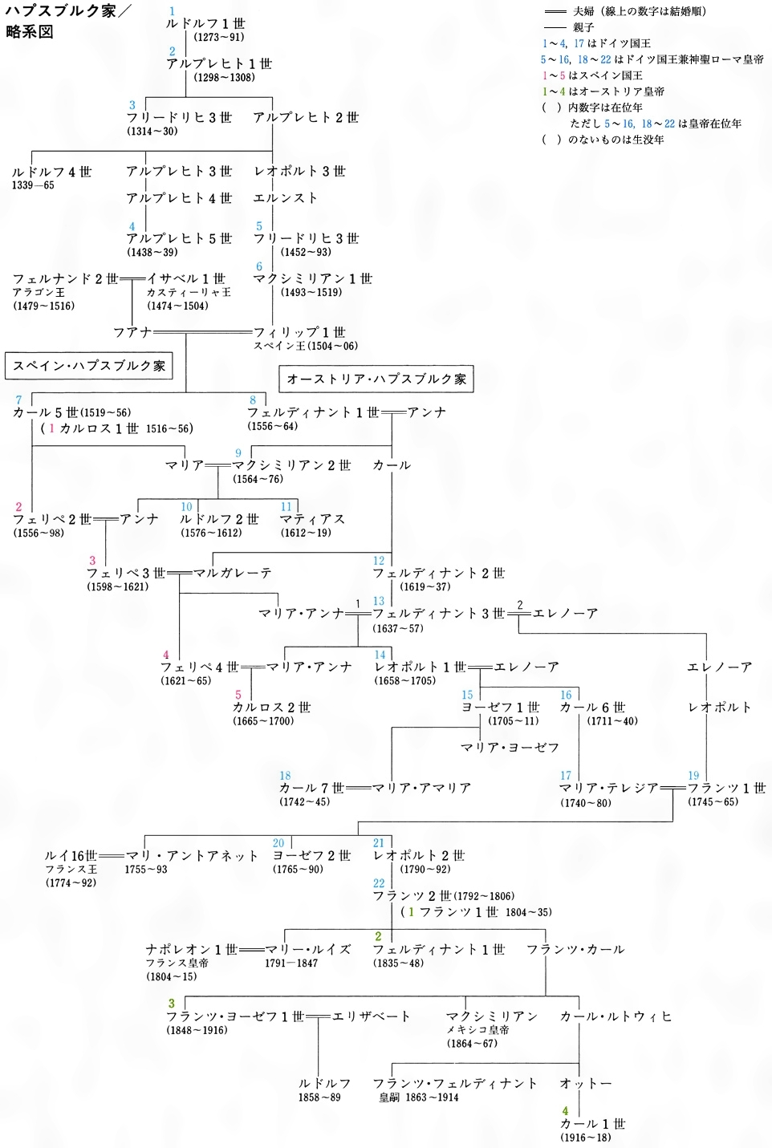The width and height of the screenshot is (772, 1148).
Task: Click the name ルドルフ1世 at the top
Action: [x=205, y=24]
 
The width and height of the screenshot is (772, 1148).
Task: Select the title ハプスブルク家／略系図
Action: [x=60, y=22]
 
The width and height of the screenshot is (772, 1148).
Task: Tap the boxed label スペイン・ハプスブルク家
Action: [x=89, y=366]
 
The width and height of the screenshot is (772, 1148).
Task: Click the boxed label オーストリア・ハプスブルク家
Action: [x=376, y=379]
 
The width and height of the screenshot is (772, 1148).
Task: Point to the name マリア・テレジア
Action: [x=608, y=788]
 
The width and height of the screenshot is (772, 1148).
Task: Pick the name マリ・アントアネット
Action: [x=192, y=856]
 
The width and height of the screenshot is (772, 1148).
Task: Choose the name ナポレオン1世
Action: [x=192, y=949]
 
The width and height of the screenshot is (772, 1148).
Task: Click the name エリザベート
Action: [x=371, y=1016]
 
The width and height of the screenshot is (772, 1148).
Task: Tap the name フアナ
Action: [x=132, y=332]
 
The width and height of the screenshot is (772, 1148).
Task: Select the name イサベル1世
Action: [x=186, y=278]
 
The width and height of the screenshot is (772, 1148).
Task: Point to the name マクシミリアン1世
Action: [x=313, y=278]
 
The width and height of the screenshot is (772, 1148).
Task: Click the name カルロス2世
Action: [x=271, y=708]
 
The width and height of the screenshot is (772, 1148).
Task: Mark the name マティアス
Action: [x=313, y=519]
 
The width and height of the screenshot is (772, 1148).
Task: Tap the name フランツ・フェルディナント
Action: [x=455, y=1083]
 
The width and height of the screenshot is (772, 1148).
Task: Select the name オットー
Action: [x=586, y=1083]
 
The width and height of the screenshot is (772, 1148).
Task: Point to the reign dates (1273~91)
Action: [x=219, y=37]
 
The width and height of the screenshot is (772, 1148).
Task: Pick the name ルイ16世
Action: [x=71, y=856]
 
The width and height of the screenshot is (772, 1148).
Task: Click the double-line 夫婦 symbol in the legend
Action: [x=555, y=12]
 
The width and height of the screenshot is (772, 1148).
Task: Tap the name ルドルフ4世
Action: [x=52, y=172]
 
